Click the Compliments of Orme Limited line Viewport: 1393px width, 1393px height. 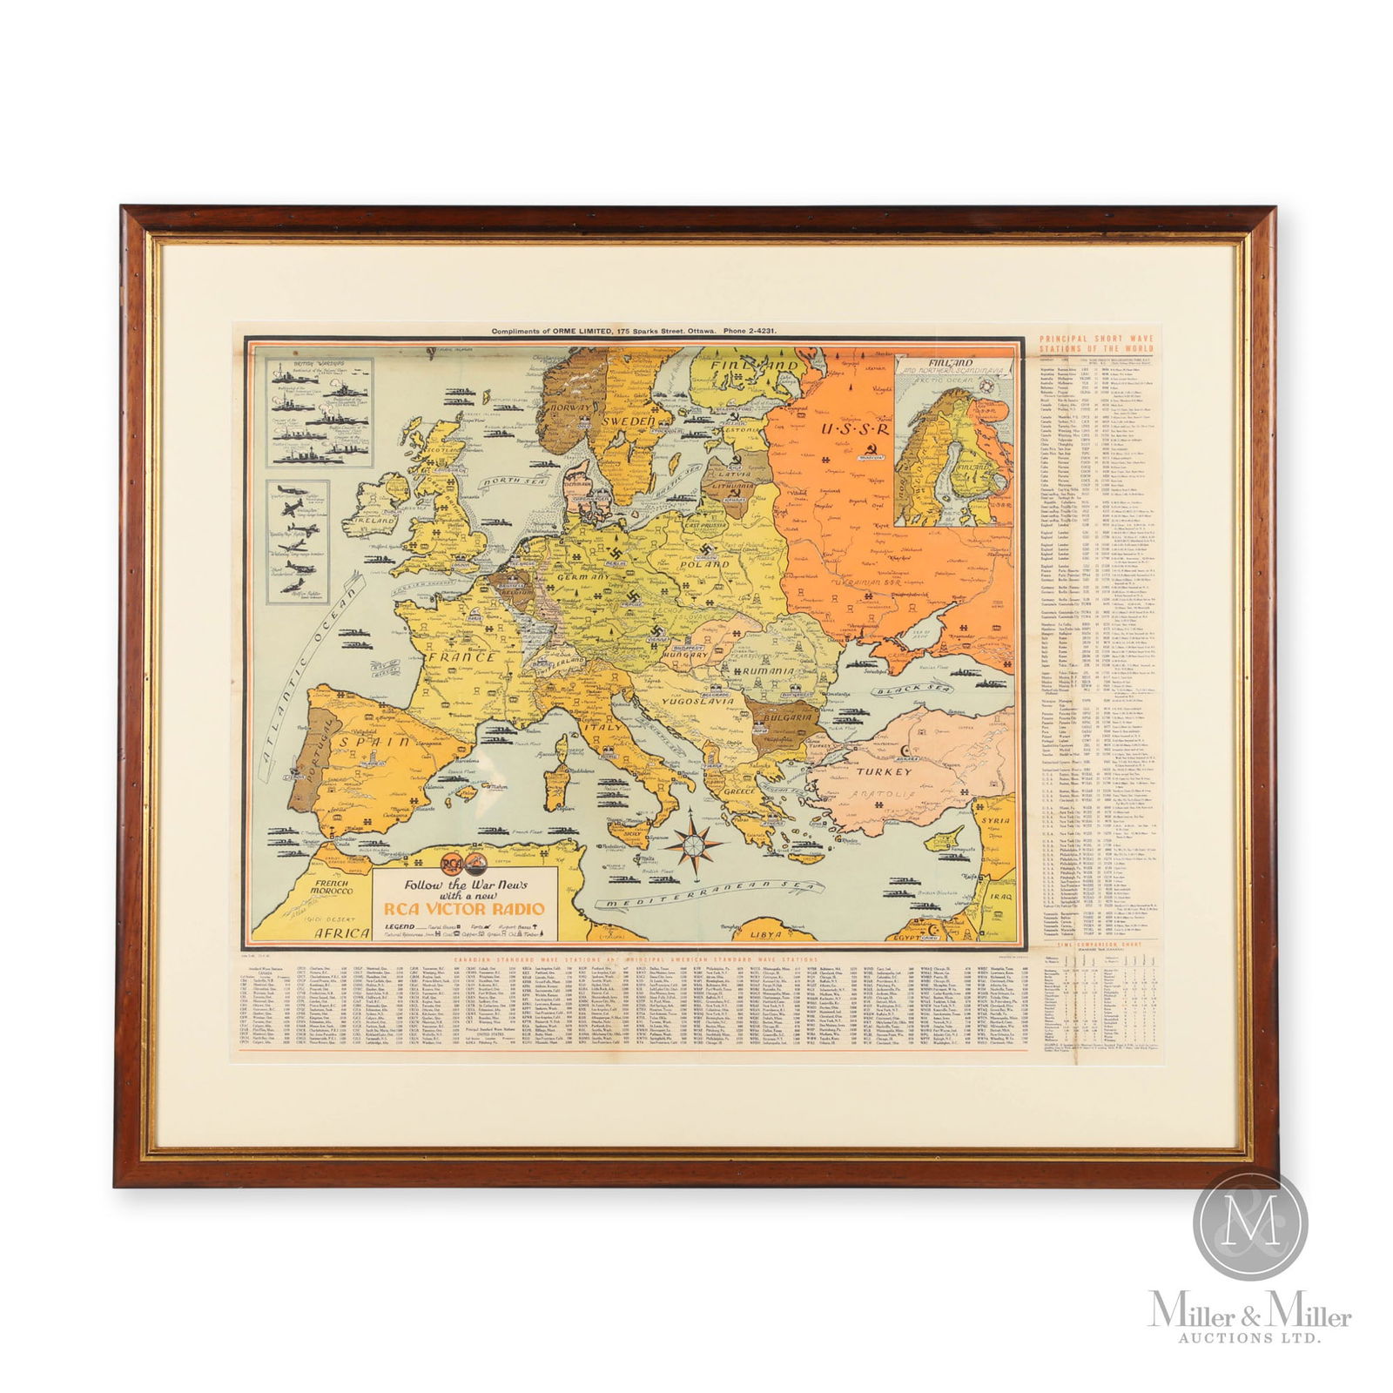point(633,332)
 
